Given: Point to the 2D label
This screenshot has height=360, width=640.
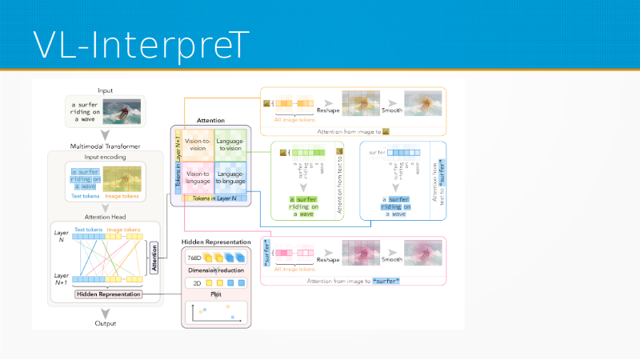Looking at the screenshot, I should point(194,282).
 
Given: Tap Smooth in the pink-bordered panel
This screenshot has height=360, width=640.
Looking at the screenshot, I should point(392,259).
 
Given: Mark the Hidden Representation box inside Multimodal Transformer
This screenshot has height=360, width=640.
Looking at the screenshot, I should point(108,294).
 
